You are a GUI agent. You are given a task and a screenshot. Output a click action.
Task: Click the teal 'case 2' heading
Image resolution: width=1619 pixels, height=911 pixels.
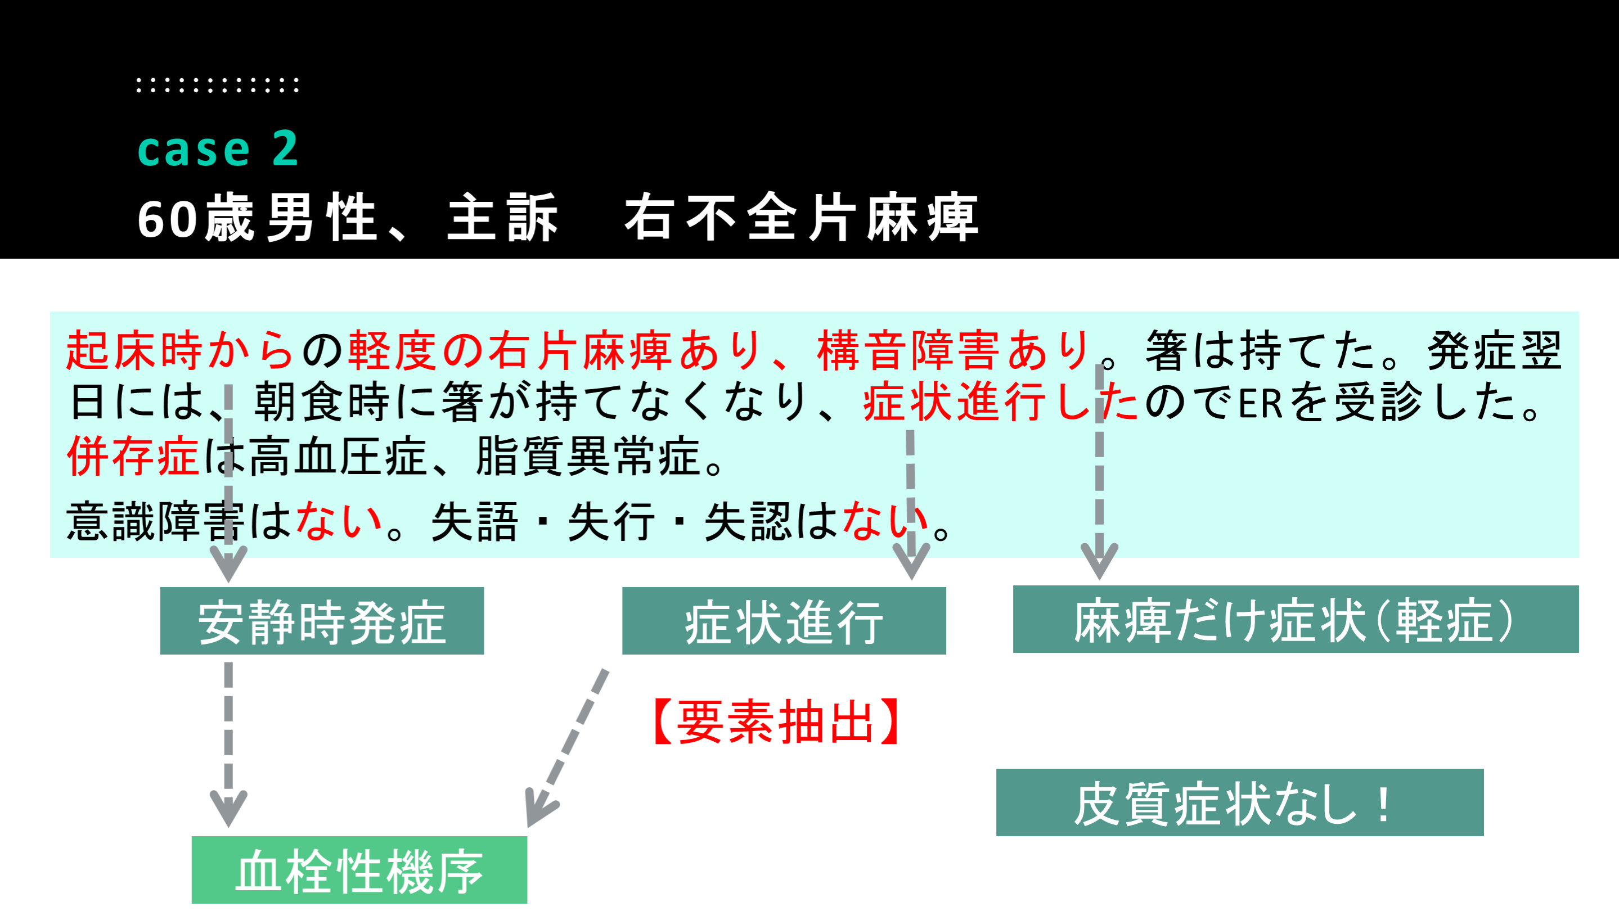point(218,149)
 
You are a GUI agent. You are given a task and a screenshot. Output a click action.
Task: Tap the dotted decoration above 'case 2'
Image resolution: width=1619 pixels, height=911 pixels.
point(218,85)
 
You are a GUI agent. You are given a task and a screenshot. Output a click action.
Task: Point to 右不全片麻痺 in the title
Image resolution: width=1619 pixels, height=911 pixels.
point(801,218)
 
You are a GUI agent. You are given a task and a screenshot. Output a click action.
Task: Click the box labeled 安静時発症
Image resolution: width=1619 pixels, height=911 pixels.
point(322,621)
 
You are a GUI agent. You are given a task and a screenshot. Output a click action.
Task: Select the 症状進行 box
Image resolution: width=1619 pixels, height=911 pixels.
point(784,621)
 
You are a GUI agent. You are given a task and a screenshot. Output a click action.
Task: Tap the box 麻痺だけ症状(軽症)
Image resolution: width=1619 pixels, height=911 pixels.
point(1296,620)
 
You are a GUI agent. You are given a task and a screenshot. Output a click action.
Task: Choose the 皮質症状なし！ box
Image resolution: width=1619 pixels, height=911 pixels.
point(1239,802)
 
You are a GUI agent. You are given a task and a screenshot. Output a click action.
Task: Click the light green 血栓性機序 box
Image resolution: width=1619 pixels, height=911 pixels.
point(359,870)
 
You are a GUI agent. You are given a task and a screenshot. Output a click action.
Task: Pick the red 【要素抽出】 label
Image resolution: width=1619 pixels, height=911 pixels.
point(777,723)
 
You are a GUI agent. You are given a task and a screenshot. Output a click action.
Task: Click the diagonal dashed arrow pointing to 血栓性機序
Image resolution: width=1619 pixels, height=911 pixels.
point(566,748)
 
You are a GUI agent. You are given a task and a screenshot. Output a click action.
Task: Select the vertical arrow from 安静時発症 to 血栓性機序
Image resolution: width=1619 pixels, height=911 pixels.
point(228,745)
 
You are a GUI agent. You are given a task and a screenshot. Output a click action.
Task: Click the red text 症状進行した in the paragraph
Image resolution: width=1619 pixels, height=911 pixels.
point(1001,402)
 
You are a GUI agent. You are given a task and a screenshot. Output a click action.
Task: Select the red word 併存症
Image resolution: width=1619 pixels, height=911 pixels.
point(133,456)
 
